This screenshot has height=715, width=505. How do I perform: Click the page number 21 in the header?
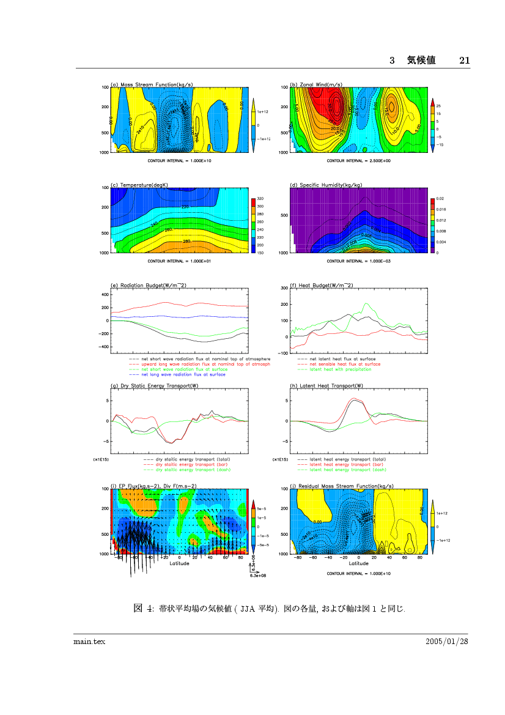click(x=464, y=60)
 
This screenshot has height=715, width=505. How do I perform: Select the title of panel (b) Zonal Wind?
click(x=316, y=84)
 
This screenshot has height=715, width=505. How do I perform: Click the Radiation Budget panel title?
click(x=147, y=285)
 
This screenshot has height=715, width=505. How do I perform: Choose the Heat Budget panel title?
click(x=322, y=285)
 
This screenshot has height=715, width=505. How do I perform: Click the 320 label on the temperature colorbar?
click(x=260, y=199)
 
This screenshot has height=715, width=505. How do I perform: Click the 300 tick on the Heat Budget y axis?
click(x=284, y=288)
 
